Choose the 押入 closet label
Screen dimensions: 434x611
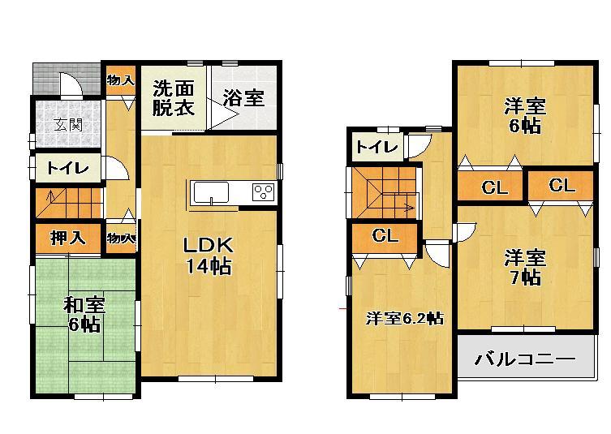click(x=67, y=238)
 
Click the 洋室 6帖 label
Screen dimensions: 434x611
click(x=523, y=115)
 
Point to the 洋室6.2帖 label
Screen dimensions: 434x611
click(x=403, y=318)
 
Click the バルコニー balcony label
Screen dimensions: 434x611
click(x=524, y=358)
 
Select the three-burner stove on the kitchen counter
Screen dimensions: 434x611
click(x=264, y=192)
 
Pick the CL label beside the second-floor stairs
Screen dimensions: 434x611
click(x=385, y=236)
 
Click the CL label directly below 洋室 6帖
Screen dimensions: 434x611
click(x=494, y=188)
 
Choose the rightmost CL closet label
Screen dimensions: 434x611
click(x=561, y=186)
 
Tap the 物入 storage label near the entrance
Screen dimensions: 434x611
click(x=120, y=79)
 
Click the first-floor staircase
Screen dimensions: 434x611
click(x=67, y=200)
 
